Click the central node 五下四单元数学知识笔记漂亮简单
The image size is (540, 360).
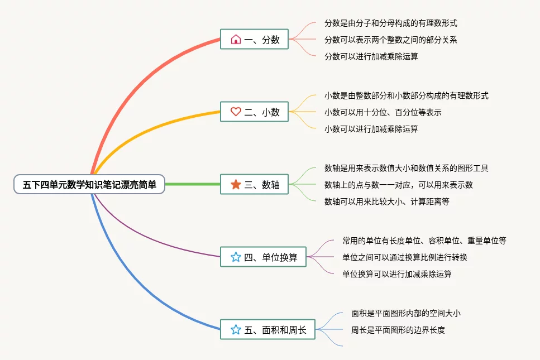(89, 184)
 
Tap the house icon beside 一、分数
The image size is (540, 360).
(236, 40)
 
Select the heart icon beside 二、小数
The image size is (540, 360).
(236, 112)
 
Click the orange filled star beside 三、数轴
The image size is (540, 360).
(236, 184)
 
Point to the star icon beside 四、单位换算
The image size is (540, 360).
(236, 257)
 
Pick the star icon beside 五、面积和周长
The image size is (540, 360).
(236, 330)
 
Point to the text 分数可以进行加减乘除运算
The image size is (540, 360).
(371, 56)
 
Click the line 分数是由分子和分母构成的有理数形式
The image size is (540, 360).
(391, 23)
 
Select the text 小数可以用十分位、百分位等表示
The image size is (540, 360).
(383, 112)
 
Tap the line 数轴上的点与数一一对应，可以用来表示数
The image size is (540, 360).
(399, 185)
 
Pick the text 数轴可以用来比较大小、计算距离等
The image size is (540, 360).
(386, 201)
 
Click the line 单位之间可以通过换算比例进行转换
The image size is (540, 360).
(405, 257)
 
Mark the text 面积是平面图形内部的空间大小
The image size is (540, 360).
(406, 313)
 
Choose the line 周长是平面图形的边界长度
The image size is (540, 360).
(398, 330)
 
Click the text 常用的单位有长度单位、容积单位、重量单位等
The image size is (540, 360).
(424, 241)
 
